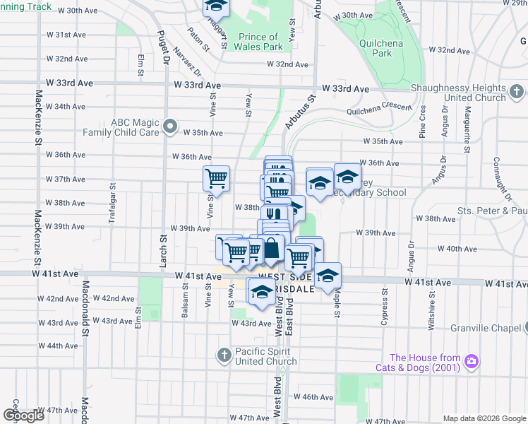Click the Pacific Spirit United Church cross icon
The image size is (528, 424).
click(x=224, y=355)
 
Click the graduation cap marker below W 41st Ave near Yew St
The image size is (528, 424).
click(x=261, y=292)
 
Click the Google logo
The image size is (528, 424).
click(x=23, y=416)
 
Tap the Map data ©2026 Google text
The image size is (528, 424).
click(x=484, y=418)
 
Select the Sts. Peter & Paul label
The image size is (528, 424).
click(x=492, y=211)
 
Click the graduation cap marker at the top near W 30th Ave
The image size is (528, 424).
click(x=217, y=6)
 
